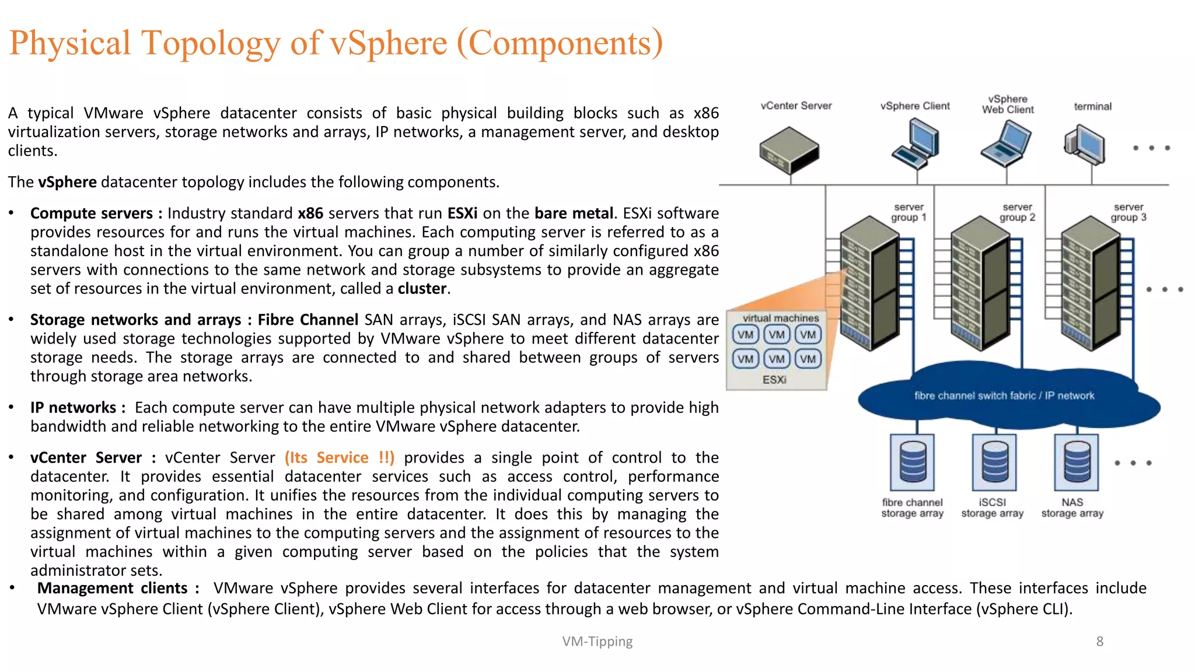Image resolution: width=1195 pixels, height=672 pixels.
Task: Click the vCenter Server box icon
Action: (789, 150)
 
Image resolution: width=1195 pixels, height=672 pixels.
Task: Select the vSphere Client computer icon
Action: (917, 143)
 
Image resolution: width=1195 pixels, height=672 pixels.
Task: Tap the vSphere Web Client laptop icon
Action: (1007, 143)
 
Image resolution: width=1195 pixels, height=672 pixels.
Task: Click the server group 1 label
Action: (909, 212)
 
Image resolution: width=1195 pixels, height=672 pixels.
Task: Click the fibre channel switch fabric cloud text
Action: (1004, 395)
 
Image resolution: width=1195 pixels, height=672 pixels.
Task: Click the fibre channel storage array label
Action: (912, 508)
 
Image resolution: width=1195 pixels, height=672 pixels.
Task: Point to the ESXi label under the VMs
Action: (774, 380)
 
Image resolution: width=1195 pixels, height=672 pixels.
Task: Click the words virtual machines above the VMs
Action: (781, 318)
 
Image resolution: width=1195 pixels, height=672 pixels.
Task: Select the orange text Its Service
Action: (340, 458)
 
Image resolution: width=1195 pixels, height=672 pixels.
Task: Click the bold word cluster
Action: (422, 289)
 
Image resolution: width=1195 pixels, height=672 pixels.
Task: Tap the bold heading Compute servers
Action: (91, 213)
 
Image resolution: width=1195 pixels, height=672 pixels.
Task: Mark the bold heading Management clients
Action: (112, 588)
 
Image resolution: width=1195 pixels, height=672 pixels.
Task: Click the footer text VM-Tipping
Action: (597, 642)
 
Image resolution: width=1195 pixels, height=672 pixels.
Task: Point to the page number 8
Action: (1099, 642)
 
